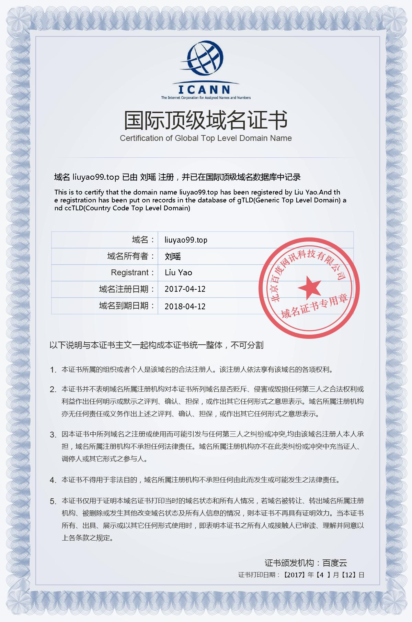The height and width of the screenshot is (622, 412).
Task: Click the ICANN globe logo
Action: [x=206, y=59]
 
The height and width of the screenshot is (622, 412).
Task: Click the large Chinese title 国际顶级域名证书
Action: [x=206, y=120]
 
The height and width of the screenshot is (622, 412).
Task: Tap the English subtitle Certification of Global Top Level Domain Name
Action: [x=206, y=138]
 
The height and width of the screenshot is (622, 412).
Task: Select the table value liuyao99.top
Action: [x=186, y=240]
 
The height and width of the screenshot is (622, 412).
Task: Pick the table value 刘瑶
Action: [x=173, y=256]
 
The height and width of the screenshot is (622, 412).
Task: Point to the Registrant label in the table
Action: [x=130, y=273]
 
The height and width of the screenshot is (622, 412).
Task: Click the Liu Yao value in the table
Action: [x=178, y=273]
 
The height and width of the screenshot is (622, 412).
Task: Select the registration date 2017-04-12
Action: [x=185, y=289]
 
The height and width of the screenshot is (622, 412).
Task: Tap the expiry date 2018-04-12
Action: [x=185, y=306]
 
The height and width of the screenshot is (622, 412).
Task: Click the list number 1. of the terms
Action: [x=53, y=370]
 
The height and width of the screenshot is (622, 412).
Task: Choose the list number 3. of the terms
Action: [x=53, y=435]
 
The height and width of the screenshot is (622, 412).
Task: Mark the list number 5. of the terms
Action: [x=53, y=501]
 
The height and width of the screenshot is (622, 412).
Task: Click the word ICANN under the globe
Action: [x=205, y=89]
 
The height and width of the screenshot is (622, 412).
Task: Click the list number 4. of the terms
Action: [x=53, y=480]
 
